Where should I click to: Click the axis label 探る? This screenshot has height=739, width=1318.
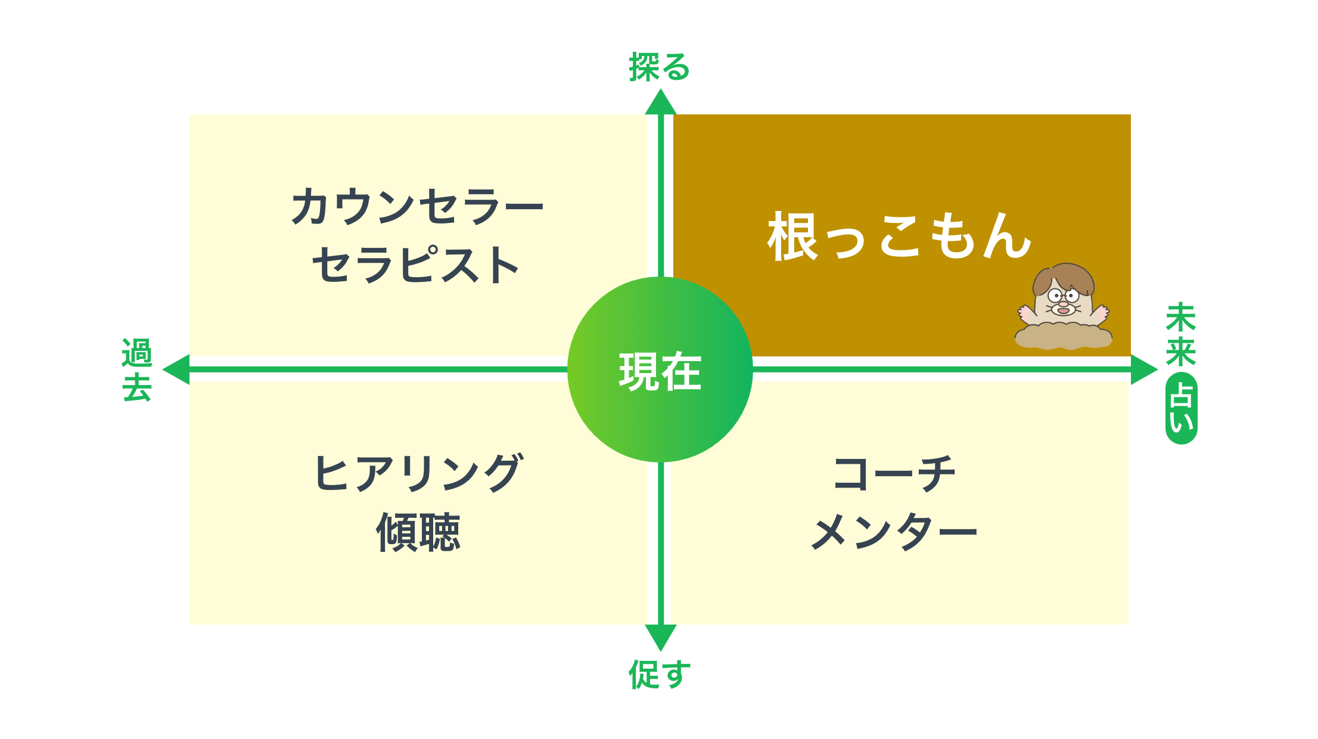point(660,67)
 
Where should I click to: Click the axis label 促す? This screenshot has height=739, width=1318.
point(660,674)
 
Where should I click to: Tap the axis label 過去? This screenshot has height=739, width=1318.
point(137,369)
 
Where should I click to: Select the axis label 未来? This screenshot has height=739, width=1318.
point(1181,334)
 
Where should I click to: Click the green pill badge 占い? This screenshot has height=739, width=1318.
point(1182,408)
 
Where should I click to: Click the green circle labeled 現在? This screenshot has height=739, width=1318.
point(660,369)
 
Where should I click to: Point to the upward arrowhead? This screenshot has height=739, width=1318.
point(660,101)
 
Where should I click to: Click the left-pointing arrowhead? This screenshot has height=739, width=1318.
point(176,369)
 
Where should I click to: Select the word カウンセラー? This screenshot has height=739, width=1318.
point(417,206)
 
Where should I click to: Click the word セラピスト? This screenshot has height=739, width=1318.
point(415,265)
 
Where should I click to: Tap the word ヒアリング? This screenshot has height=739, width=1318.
point(418,473)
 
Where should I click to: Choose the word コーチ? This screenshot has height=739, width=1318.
point(894,473)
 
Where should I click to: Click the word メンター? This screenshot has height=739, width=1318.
point(894,532)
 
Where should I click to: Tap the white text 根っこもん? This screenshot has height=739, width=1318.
point(899,237)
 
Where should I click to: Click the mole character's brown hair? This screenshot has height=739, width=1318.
point(1063,277)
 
